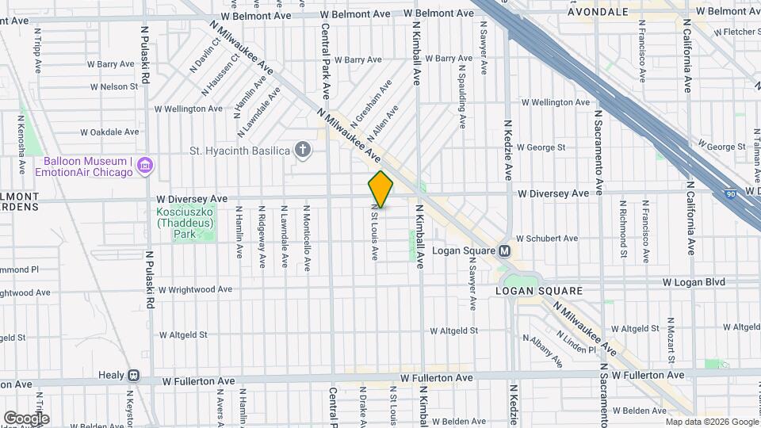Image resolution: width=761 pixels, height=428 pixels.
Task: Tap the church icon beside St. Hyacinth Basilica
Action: point(302,149)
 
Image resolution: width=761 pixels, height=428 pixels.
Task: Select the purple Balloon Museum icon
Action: point(145,166)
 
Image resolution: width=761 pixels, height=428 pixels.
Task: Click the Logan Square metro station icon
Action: point(504,251)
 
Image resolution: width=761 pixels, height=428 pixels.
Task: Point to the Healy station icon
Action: point(134,376)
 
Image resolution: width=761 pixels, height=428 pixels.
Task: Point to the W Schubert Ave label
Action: point(547,238)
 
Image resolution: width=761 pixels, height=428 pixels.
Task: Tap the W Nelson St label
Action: point(114,86)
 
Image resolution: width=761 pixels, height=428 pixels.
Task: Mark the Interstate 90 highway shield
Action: point(729,194)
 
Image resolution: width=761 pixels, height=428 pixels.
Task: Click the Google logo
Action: point(26,418)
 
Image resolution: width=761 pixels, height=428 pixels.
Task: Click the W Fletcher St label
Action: point(736,32)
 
